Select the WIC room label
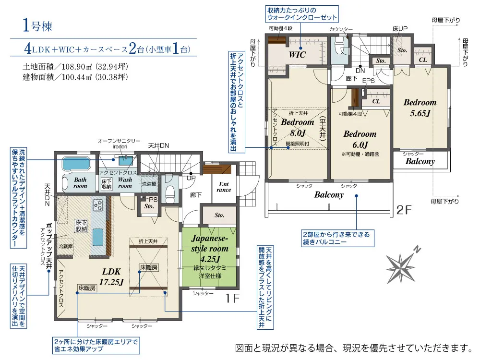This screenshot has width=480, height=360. [x=297, y=55]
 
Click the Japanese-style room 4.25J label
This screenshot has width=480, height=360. [x=210, y=248]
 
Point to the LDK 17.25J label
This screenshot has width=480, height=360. [x=111, y=276]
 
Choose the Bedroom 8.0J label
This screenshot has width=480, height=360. [x=297, y=127]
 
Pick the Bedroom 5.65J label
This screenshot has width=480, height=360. [x=420, y=108]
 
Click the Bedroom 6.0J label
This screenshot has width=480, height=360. [x=360, y=139]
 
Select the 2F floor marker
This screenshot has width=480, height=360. [x=404, y=210]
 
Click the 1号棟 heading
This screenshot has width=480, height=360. [x=37, y=25]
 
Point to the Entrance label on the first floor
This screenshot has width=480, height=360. [x=224, y=187]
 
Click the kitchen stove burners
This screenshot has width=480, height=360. [x=98, y=205]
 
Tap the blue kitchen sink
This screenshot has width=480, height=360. [x=97, y=237]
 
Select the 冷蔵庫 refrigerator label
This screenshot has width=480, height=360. [x=65, y=246]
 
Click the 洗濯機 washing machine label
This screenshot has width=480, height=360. [x=149, y=184]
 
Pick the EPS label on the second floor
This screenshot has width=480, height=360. [x=368, y=81]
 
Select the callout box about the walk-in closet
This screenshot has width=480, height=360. [x=302, y=14]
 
